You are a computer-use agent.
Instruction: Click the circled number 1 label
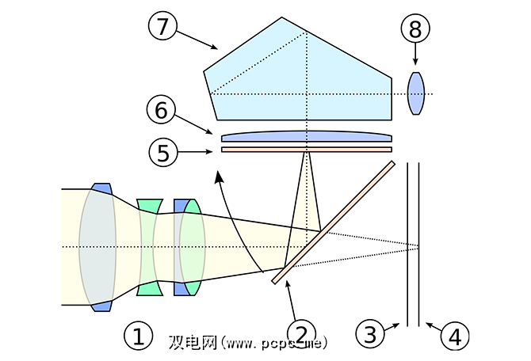pos(137,338)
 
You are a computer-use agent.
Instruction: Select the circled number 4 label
pos(453,336)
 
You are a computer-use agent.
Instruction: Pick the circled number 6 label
pos(162,110)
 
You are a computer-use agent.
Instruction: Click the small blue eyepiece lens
pos(416,93)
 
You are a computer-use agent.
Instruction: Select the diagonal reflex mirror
pos(333,222)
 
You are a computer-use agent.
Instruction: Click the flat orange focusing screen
pos(306,149)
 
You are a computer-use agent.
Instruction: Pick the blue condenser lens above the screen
pos(306,137)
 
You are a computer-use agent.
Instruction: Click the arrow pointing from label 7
pos(198,40)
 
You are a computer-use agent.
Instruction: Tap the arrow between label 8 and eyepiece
pos(415,57)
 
